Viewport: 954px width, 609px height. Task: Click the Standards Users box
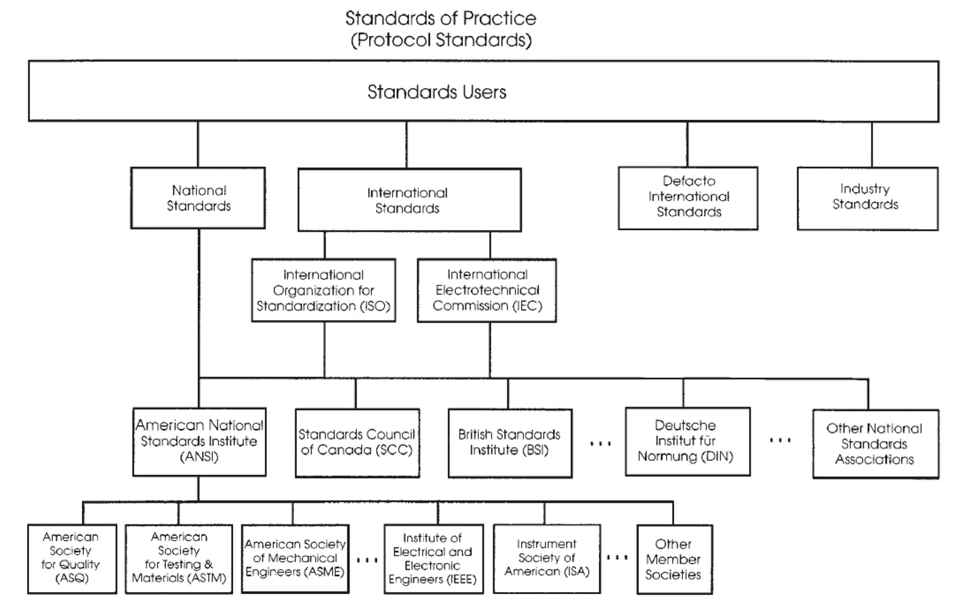(x=483, y=91)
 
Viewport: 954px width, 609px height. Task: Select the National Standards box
(x=198, y=198)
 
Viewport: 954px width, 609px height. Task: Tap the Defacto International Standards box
(x=688, y=198)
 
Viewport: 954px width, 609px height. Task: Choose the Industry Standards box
(x=867, y=198)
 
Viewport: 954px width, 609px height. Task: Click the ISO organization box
(x=324, y=290)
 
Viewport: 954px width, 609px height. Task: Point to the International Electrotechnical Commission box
(x=486, y=290)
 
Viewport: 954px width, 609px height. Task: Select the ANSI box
(x=199, y=442)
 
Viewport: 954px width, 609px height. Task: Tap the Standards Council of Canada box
(x=357, y=443)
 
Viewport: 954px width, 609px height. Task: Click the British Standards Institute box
(x=510, y=443)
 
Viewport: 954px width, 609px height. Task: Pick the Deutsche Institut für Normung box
(x=688, y=442)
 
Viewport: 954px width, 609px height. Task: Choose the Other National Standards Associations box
(x=875, y=444)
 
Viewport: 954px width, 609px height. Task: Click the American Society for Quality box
(x=72, y=559)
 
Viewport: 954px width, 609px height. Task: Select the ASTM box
(x=179, y=559)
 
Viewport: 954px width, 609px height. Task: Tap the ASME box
(x=295, y=559)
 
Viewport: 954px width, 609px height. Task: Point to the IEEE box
(x=434, y=559)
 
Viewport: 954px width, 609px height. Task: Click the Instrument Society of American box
(x=547, y=559)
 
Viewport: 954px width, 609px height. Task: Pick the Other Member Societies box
(x=675, y=559)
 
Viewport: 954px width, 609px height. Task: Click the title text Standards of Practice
(x=441, y=18)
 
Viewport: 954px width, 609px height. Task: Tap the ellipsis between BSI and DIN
(x=600, y=444)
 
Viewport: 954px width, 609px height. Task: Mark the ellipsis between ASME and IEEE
(x=367, y=560)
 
